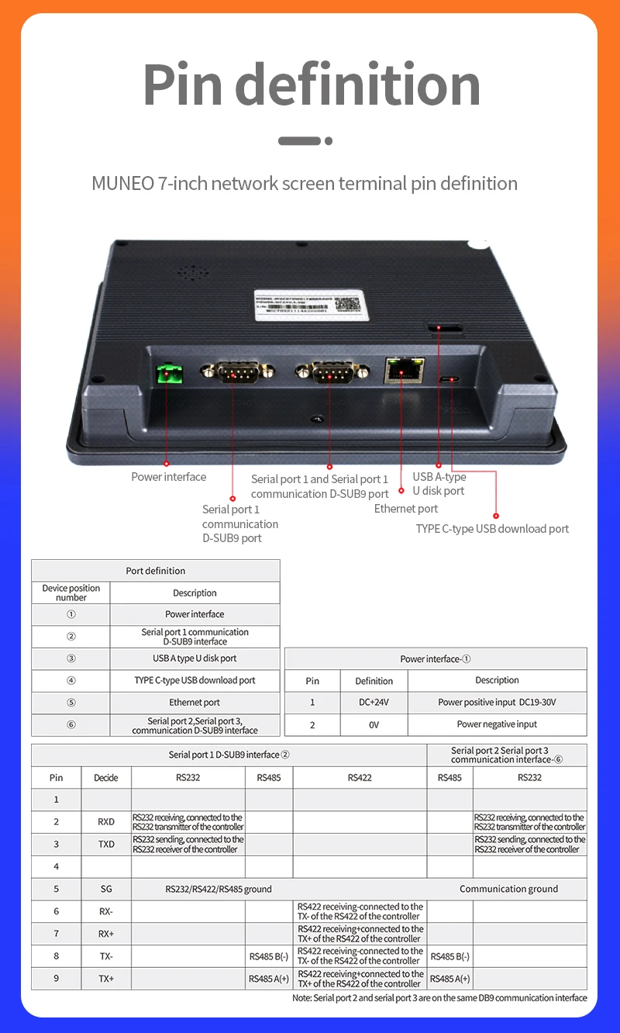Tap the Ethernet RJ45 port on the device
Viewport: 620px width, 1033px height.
401,371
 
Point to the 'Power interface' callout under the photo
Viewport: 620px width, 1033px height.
169,477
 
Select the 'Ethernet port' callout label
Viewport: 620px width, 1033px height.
406,509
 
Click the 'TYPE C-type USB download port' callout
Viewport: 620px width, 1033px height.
492,529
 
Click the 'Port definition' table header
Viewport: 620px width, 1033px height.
156,571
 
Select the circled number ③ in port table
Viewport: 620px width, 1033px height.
71,658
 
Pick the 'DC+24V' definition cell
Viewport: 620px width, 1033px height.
374,703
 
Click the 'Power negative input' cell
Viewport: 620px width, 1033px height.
497,724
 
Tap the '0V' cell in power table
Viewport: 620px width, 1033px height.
374,724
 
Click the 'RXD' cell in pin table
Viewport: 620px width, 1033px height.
106,822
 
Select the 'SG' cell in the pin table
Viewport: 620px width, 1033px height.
106,889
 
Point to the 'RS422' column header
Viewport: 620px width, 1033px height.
360,777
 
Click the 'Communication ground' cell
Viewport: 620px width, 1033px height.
508,889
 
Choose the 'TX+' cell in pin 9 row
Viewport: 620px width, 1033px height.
106,979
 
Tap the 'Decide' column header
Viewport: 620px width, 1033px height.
106,777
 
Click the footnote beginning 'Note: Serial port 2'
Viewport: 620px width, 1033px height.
439,998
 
